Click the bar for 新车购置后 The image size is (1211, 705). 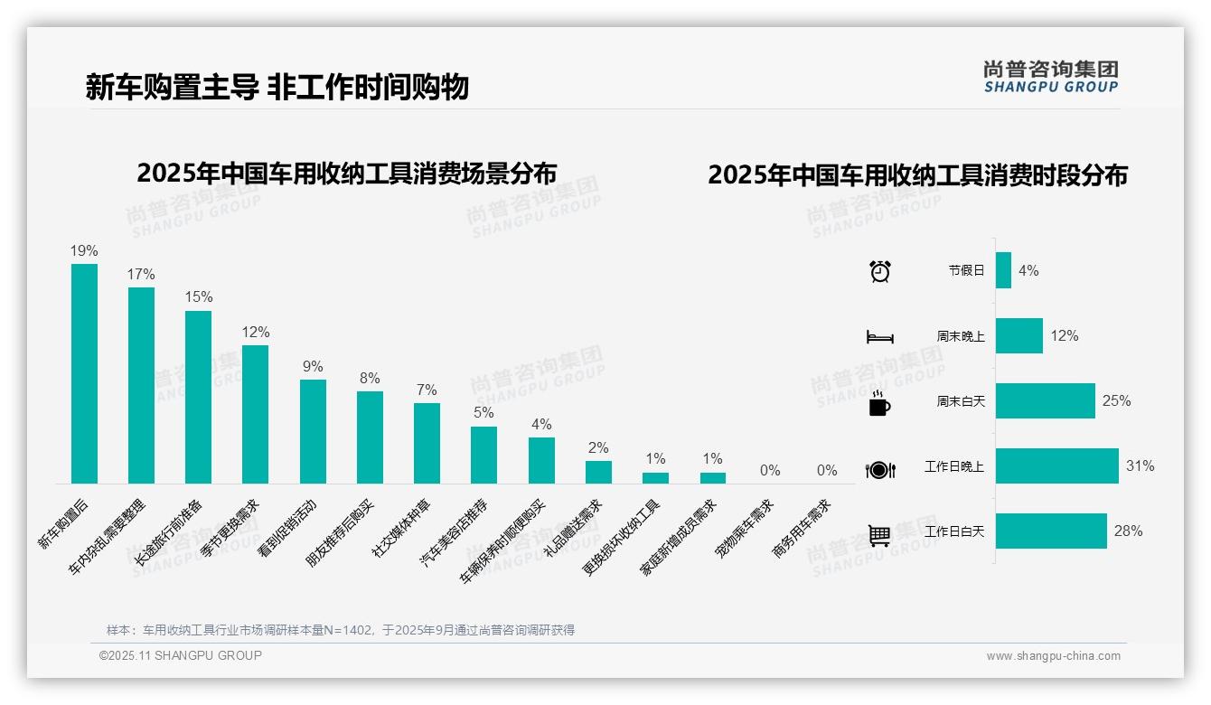click(x=84, y=373)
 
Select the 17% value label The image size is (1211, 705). click(x=141, y=274)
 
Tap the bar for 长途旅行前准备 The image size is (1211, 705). click(x=198, y=397)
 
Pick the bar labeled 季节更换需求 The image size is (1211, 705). click(x=255, y=414)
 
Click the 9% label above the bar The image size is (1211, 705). click(x=313, y=366)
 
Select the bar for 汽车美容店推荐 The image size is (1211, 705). click(x=483, y=455)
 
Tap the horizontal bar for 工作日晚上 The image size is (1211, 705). click(x=1056, y=466)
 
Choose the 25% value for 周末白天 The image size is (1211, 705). click(x=1116, y=400)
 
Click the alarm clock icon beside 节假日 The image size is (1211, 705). click(x=880, y=270)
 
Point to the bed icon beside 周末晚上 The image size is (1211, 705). click(x=880, y=336)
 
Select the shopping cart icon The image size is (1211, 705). click(x=879, y=535)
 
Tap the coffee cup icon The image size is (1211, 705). click(x=879, y=403)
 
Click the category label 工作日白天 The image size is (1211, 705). click(x=954, y=531)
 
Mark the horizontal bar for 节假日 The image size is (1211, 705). click(x=1003, y=270)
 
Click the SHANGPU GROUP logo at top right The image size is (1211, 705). click(x=1051, y=76)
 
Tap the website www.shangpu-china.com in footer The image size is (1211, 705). click(x=1053, y=656)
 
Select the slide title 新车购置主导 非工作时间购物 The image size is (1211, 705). click(x=277, y=88)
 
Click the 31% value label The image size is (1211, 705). click(x=1140, y=466)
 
